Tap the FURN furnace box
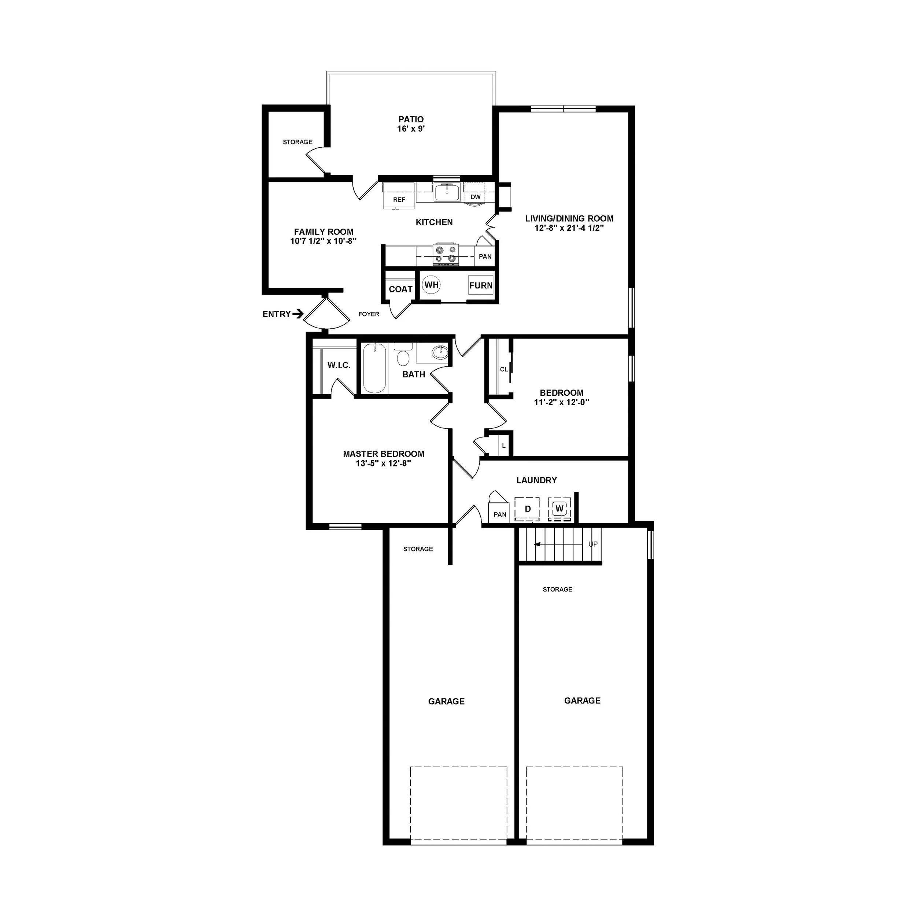pos(481,285)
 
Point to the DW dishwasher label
pos(476,197)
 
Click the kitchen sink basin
pos(447,192)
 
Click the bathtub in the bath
pos(374,368)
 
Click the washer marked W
pos(559,509)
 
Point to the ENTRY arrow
pos(298,314)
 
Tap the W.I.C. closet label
pos(339,365)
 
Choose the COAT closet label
pos(400,289)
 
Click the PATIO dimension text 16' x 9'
pos(411,129)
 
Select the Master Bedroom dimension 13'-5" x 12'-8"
pos(383,463)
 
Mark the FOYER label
pos(369,314)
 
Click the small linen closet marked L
pos(503,446)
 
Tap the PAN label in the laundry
pos(500,514)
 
